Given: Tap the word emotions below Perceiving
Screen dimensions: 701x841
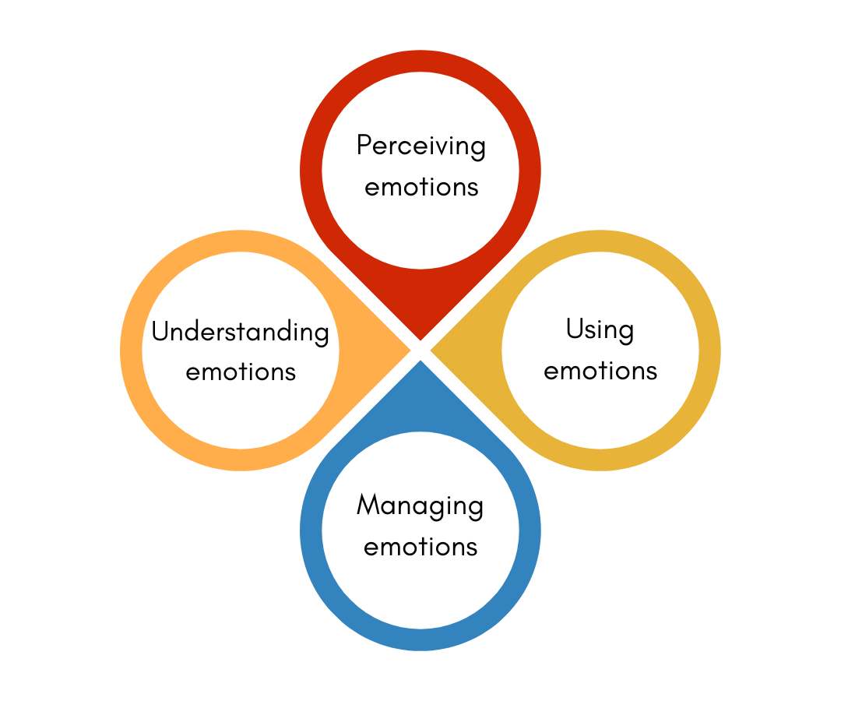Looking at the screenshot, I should coord(420,188).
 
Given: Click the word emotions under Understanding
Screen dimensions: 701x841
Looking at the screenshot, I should coord(241,372).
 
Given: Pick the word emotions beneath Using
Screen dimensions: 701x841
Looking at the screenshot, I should coord(600,371).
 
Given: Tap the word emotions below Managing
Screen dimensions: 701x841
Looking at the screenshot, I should coord(420,547).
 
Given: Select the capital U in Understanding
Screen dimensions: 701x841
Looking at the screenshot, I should coord(160,331).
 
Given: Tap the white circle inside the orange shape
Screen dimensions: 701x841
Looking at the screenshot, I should coord(241,421).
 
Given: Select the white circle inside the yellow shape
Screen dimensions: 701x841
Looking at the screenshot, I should coord(600,421).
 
